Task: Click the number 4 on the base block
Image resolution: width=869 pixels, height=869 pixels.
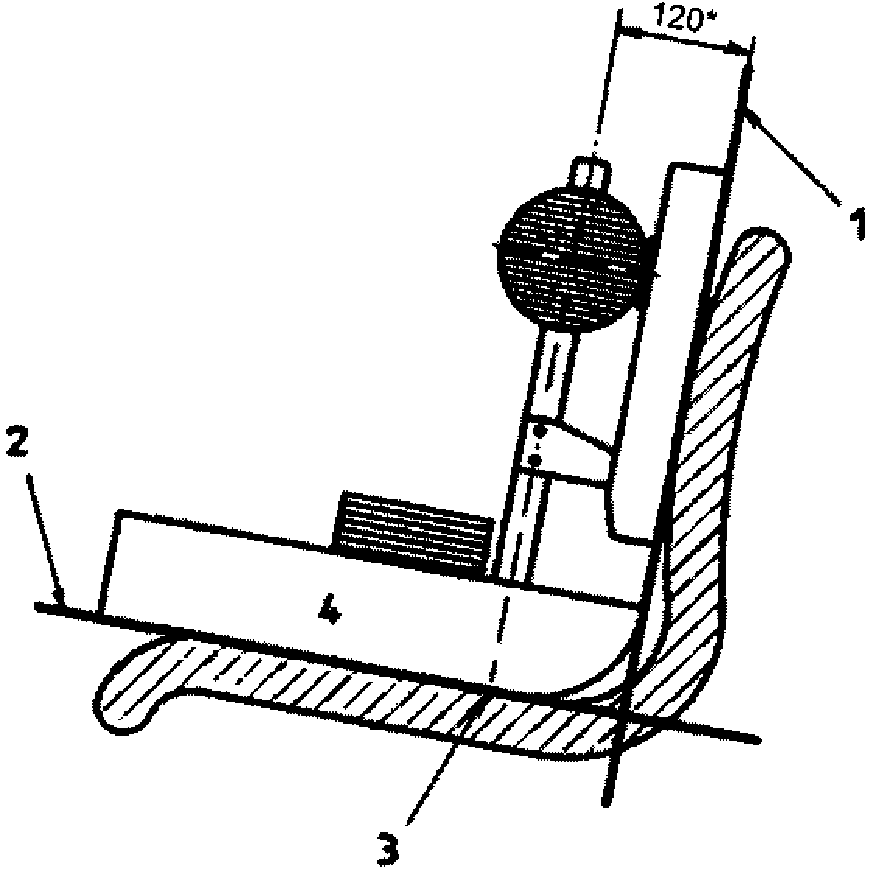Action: (331, 613)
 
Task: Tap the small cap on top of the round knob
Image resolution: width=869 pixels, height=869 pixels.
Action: (590, 171)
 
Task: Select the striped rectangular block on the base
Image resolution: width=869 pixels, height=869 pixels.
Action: (412, 534)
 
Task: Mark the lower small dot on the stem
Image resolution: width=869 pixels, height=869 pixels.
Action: (534, 461)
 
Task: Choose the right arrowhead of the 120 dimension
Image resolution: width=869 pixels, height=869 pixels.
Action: (745, 51)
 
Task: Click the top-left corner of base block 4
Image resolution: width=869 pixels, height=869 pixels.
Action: (118, 513)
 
